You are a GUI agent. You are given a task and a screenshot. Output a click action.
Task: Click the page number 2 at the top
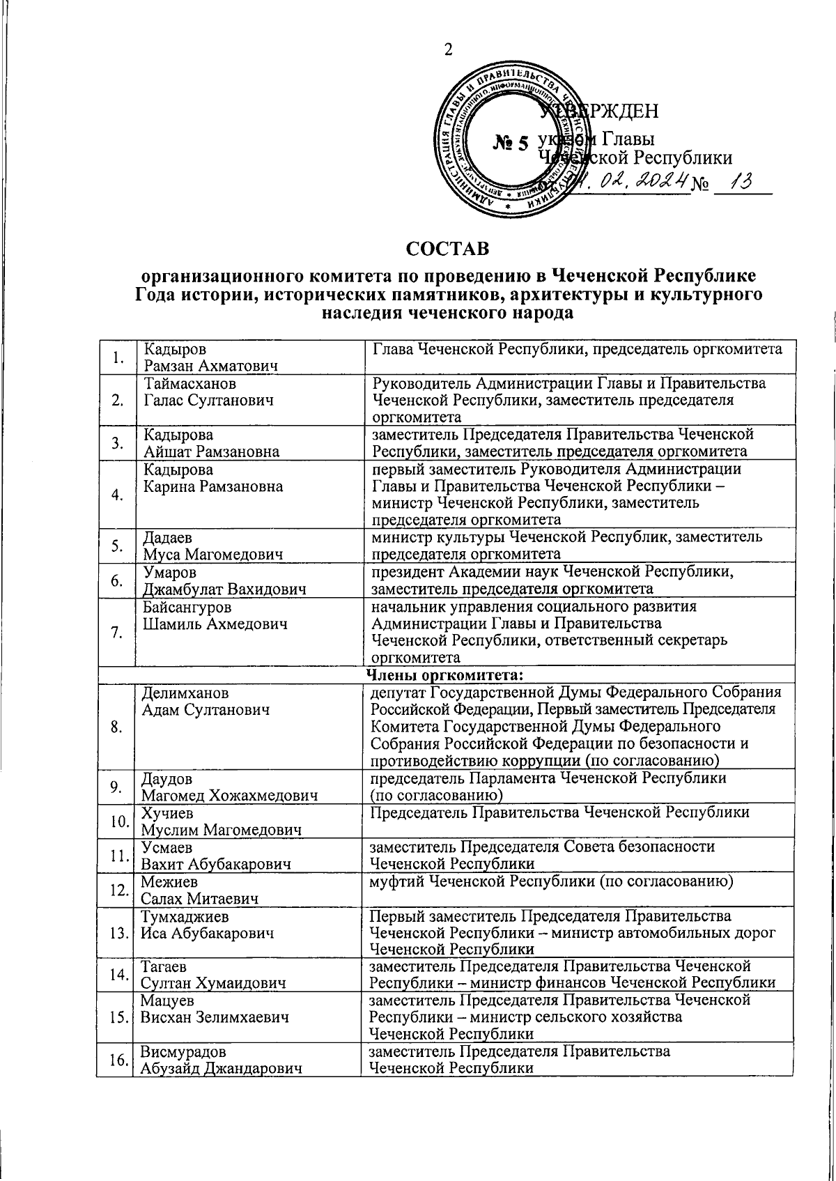coord(448,49)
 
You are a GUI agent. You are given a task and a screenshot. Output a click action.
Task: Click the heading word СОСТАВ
coord(448,249)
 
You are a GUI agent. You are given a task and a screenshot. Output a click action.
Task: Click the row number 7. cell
coord(116,633)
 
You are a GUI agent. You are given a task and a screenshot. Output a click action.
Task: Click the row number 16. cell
coord(116,1060)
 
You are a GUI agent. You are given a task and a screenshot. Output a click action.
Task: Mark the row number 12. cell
coord(116,890)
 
